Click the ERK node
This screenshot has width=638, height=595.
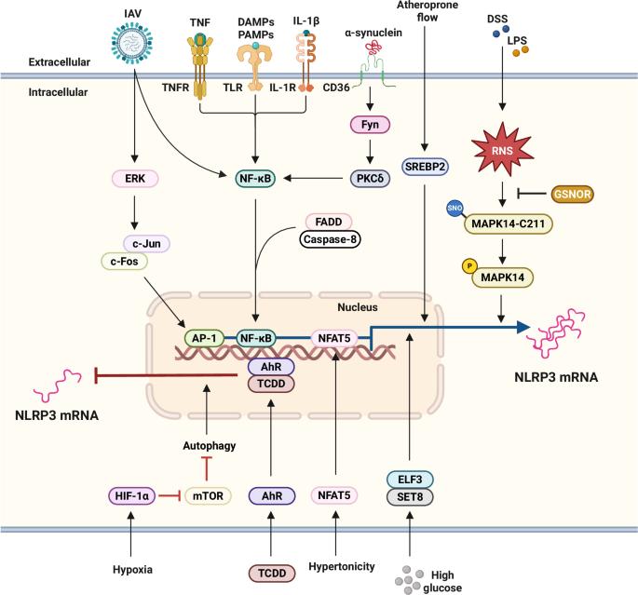(x=135, y=178)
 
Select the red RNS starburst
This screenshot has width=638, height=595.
(x=502, y=151)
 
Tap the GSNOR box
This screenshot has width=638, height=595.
(x=572, y=194)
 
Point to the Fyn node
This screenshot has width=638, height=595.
(x=370, y=125)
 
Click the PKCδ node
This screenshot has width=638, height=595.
(x=370, y=178)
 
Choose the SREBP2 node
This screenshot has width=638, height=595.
(x=425, y=167)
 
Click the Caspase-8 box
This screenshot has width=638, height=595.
(x=330, y=239)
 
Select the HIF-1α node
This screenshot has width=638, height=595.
(x=132, y=495)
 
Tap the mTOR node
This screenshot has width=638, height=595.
(x=208, y=495)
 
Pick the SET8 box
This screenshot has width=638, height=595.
(x=410, y=497)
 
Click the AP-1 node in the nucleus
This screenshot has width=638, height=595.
(x=204, y=338)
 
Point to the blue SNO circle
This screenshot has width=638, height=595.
(x=455, y=209)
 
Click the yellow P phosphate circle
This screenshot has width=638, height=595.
(x=469, y=266)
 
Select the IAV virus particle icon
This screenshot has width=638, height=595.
(x=132, y=42)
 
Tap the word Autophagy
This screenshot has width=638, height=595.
(x=210, y=446)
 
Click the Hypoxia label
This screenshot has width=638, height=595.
(x=132, y=569)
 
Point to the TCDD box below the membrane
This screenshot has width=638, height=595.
(x=272, y=573)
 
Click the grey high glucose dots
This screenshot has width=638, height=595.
(x=407, y=580)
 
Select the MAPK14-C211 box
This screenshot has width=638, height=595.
(x=509, y=223)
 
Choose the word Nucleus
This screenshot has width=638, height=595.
(x=358, y=307)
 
